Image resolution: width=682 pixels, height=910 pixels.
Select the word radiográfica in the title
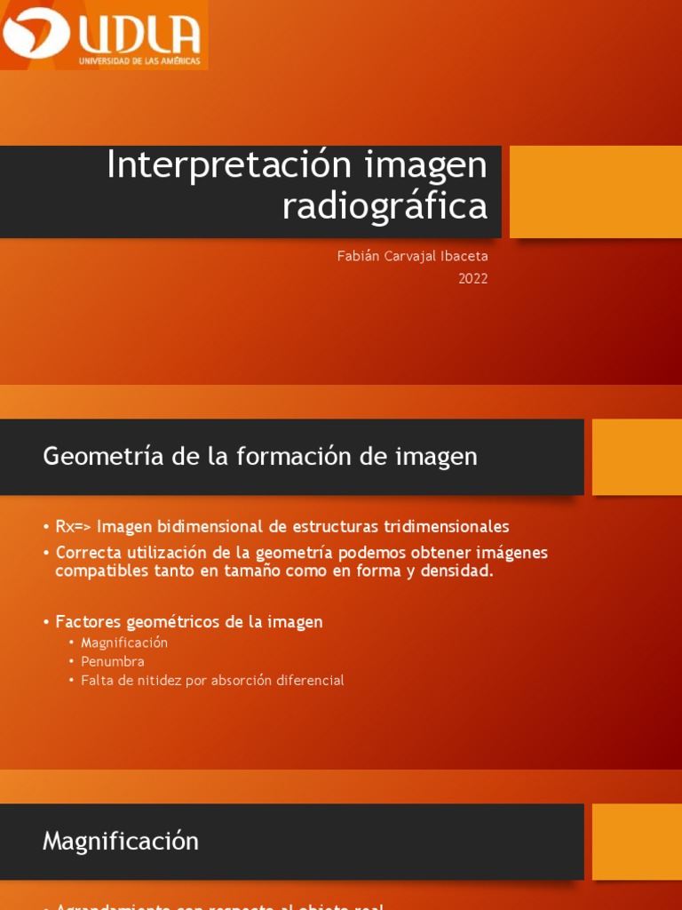pos(385,206)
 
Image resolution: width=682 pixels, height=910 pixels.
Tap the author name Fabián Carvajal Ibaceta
pos(412,256)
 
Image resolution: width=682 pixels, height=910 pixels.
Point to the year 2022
pos(472,278)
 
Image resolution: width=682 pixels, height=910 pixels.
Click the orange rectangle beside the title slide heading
pos(595,192)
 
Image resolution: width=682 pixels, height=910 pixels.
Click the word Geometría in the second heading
pos(92,457)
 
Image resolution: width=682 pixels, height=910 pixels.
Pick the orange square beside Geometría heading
pos(636,457)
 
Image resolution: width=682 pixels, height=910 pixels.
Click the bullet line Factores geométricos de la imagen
pos(188,622)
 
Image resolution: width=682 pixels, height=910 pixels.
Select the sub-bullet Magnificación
pos(123,643)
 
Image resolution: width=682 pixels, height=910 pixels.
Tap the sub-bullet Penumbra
pos(112,661)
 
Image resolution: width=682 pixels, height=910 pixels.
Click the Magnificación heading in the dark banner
pos(121,841)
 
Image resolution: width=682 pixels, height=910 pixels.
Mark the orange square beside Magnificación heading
pos(636,841)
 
